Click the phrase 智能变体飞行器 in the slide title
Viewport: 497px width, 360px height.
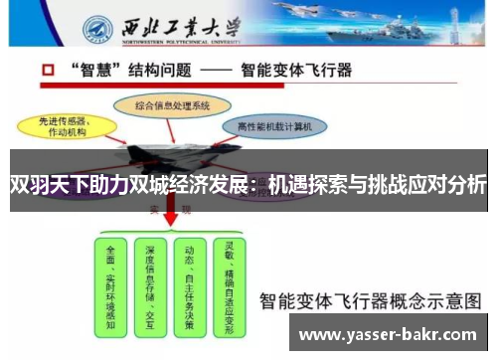[297, 73]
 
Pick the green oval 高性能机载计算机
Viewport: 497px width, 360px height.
[275, 126]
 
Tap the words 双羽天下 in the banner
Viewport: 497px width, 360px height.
[44, 185]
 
